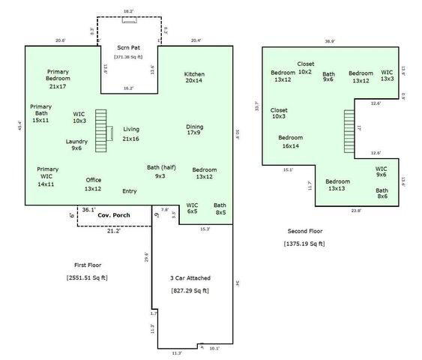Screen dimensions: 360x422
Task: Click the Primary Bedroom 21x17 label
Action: pyautogui.click(x=58, y=79)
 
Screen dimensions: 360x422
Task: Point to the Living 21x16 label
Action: pyautogui.click(x=131, y=133)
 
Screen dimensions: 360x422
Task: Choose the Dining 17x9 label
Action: pyautogui.click(x=194, y=130)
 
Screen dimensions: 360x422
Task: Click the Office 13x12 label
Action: pyautogui.click(x=93, y=184)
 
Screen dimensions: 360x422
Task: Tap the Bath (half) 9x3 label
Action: pyautogui.click(x=160, y=171)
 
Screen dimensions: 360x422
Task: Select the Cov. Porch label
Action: pyautogui.click(x=114, y=215)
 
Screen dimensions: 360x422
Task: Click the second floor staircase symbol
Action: pyautogui.click(x=348, y=132)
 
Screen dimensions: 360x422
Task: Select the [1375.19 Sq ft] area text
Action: pyautogui.click(x=304, y=244)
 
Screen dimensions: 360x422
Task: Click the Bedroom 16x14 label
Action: pyautogui.click(x=290, y=142)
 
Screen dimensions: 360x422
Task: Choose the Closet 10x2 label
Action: pyautogui.click(x=305, y=68)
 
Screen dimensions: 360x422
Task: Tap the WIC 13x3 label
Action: pyautogui.click(x=387, y=76)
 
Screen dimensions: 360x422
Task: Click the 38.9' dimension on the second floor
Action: pyautogui.click(x=329, y=41)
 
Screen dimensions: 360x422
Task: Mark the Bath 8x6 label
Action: pyautogui.click(x=382, y=194)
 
